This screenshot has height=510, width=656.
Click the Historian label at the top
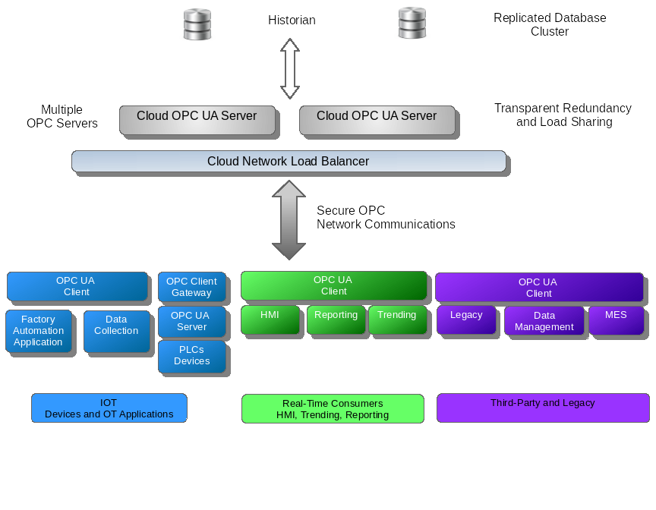(x=292, y=20)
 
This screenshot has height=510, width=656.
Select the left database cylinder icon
(x=197, y=24)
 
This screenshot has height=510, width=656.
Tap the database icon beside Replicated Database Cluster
(x=412, y=24)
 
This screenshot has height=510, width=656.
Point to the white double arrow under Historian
(x=290, y=69)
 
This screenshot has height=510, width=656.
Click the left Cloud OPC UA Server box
(x=197, y=120)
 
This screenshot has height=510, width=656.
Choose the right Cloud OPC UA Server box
(x=377, y=120)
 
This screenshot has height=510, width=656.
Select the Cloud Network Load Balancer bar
(x=289, y=162)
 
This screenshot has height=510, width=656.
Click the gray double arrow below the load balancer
(x=289, y=220)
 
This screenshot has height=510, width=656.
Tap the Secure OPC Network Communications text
(x=385, y=218)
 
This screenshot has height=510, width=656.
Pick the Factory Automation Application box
(x=39, y=331)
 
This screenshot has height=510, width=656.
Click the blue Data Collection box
(x=116, y=331)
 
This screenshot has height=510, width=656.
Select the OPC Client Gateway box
(x=191, y=287)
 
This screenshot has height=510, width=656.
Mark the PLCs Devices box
(x=191, y=356)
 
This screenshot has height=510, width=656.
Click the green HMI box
(x=270, y=319)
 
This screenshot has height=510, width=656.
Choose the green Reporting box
(x=336, y=319)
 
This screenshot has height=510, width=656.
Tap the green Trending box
(x=396, y=319)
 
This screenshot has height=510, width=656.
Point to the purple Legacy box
(x=466, y=320)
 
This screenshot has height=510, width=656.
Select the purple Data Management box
(x=544, y=321)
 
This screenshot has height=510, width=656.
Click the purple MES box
(x=616, y=320)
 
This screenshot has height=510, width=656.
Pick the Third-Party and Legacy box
(x=542, y=408)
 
